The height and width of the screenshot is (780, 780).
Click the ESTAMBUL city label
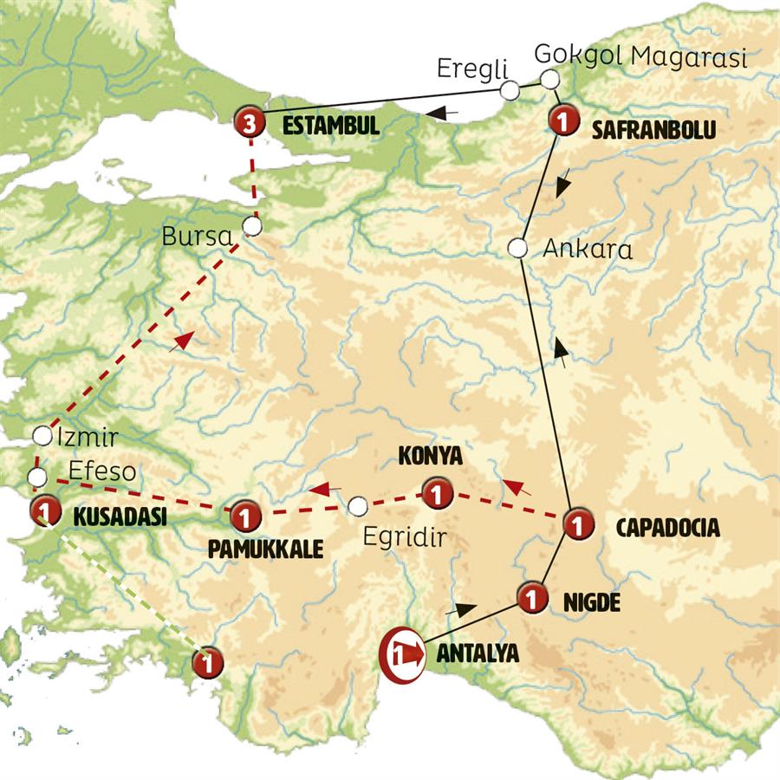coord(331,126)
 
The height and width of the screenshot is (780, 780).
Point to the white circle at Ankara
coord(517,248)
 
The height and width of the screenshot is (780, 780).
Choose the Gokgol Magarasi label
coord(640,54)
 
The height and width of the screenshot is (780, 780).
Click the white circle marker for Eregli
coord(510,89)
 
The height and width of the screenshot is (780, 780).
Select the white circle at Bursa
coord(251,226)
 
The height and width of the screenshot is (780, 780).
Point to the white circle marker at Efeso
coord(36,477)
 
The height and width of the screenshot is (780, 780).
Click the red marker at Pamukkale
coord(246,517)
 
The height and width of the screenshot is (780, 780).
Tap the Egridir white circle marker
coord(358,506)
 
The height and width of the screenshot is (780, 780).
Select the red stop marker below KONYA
coord(436,494)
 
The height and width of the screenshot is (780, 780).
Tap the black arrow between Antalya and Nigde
coord(465,610)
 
